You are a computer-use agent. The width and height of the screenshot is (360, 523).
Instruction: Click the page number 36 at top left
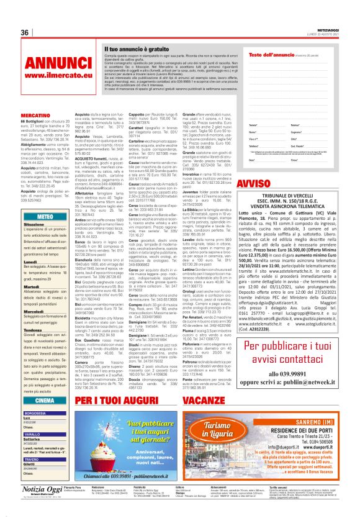(x=25, y=32)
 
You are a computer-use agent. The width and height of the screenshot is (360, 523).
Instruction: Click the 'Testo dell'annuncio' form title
(x=270, y=55)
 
